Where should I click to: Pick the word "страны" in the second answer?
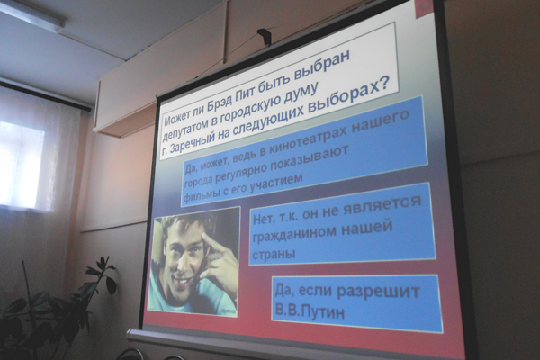[274, 254]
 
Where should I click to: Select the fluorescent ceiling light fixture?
[32, 14]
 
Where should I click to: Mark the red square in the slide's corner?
[425, 7]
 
